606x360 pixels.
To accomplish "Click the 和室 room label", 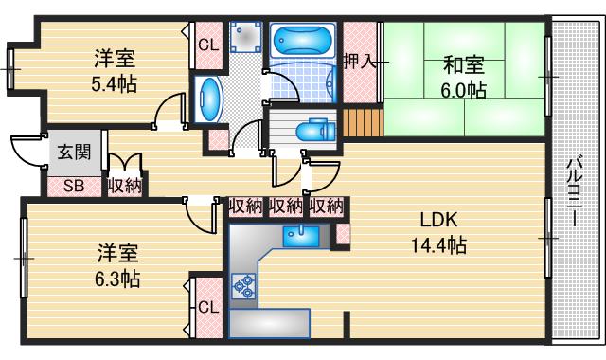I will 464,65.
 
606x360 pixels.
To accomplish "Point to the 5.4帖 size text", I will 113,83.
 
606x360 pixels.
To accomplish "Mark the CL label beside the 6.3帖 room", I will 207,306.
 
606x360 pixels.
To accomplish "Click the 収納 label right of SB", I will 124,186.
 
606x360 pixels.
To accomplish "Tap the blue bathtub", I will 300,41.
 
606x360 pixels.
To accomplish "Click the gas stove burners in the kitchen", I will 243,285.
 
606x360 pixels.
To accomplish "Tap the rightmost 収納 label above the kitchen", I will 326,205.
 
